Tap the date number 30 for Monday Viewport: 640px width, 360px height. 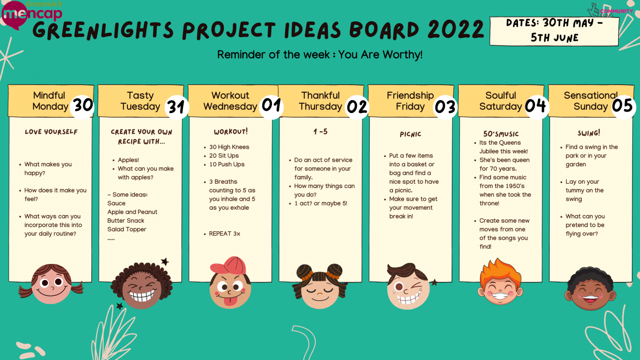click(x=83, y=105)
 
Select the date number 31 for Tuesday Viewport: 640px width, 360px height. click(x=176, y=107)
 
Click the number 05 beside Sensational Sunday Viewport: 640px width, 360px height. click(x=622, y=106)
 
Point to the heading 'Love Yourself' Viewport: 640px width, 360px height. click(x=51, y=132)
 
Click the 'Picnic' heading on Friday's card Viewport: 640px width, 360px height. click(x=410, y=134)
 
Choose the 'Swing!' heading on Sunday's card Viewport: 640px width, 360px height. click(x=589, y=133)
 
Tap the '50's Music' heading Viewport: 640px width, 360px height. click(x=501, y=134)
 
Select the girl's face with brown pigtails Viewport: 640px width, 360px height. click(x=51, y=284)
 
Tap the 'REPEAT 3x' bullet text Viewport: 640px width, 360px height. click(x=225, y=233)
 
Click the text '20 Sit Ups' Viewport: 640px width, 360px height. click(x=224, y=156)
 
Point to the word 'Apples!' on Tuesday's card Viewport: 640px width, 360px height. click(x=128, y=160)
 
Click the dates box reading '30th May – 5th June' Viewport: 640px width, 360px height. click(x=554, y=31)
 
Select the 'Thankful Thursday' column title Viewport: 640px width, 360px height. click(x=320, y=101)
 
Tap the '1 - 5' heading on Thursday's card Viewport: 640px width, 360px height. click(x=320, y=132)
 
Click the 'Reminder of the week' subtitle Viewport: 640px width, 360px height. click(x=320, y=55)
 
